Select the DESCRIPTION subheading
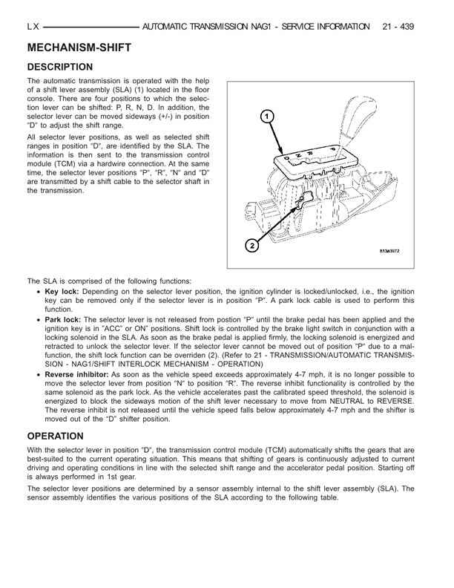tap(59, 67)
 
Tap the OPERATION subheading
tap(56, 436)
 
